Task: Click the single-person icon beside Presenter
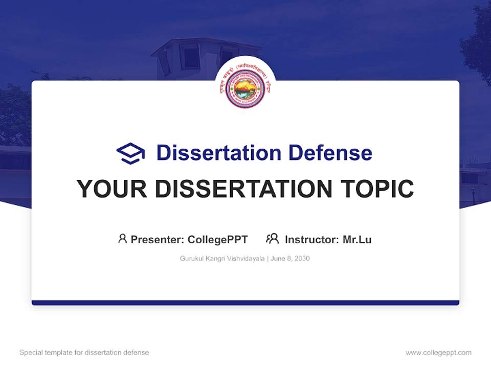tap(122, 239)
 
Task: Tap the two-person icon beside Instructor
tap(272, 239)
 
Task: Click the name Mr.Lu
tap(357, 239)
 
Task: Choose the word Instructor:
tap(312, 239)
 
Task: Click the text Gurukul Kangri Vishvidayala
tap(222, 259)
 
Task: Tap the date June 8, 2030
tap(290, 259)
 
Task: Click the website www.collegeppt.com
tap(438, 353)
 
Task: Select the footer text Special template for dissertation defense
tap(84, 353)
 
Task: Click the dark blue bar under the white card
tap(245, 303)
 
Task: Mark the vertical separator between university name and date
tap(267, 259)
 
